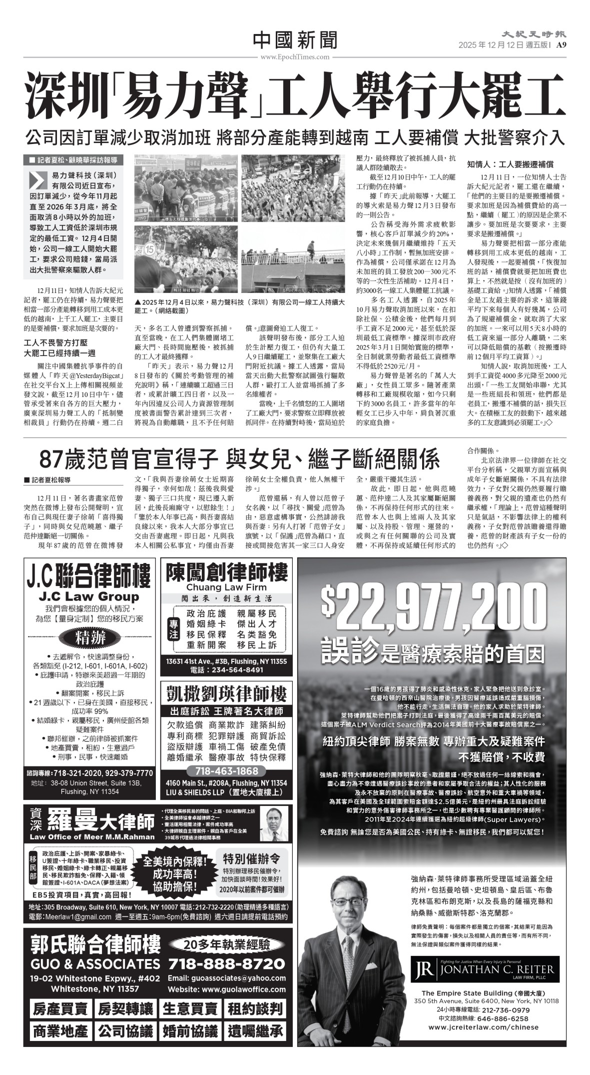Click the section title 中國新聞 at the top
pos(295,40)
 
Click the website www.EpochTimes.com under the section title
pos(295,57)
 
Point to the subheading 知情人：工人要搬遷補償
pos(510,164)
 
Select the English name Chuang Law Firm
pos(226,587)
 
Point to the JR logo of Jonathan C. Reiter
pos(425,970)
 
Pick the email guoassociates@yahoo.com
pos(226,978)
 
